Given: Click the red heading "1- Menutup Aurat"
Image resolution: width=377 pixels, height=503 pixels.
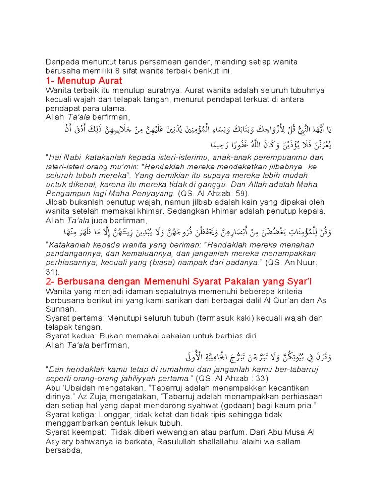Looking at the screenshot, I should (83, 81).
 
